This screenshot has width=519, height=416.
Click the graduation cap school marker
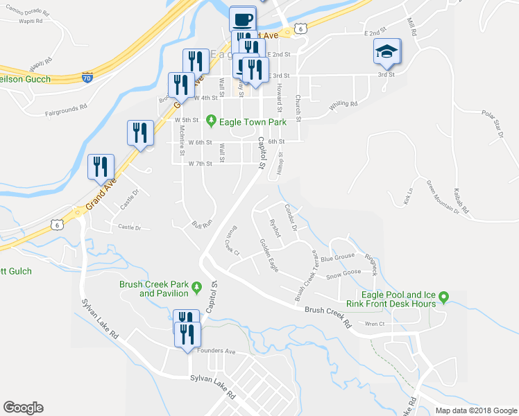click(386, 52)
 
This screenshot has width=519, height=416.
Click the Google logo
click(23, 408)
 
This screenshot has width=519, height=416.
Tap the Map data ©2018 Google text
click(476, 410)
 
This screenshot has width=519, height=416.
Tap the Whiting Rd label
click(343, 104)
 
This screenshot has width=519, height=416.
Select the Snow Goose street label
click(343, 273)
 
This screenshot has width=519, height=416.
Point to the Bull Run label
click(201, 225)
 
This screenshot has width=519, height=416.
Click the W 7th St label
click(200, 164)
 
